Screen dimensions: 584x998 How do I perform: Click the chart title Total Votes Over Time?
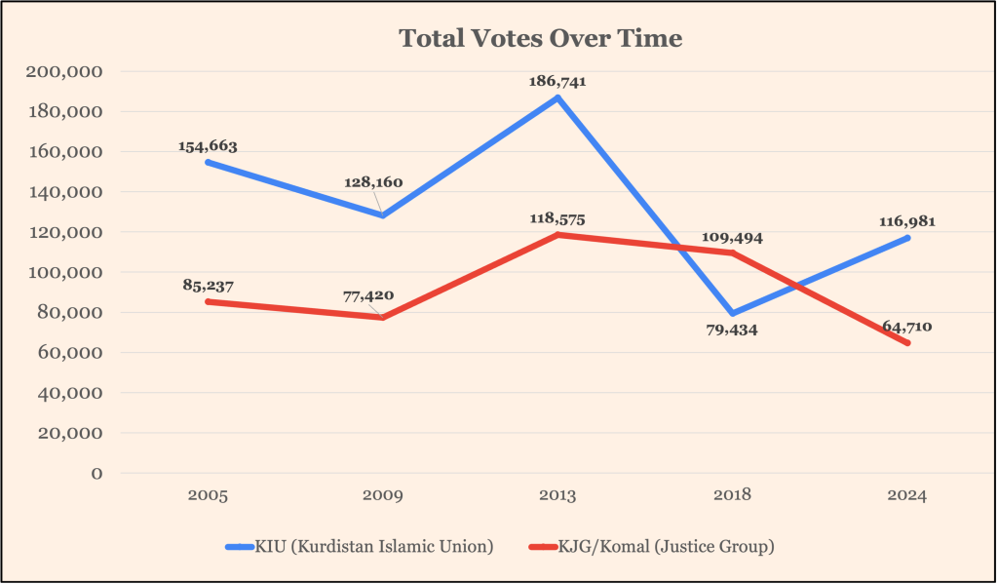click(x=541, y=39)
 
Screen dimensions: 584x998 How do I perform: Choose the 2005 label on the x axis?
click(x=208, y=496)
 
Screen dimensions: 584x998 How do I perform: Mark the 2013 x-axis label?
click(x=557, y=496)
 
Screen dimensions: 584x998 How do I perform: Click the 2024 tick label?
click(x=907, y=496)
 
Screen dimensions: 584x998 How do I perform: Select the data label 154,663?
click(x=208, y=146)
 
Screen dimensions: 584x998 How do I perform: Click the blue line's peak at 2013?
click(x=557, y=97)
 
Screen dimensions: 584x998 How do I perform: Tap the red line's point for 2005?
click(x=208, y=301)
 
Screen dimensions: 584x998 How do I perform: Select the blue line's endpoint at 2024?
click(x=907, y=238)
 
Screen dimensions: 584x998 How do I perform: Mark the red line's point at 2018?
click(x=732, y=253)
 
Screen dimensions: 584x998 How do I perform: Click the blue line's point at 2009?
click(x=383, y=215)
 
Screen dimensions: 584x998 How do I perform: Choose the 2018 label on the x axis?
click(x=732, y=496)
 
